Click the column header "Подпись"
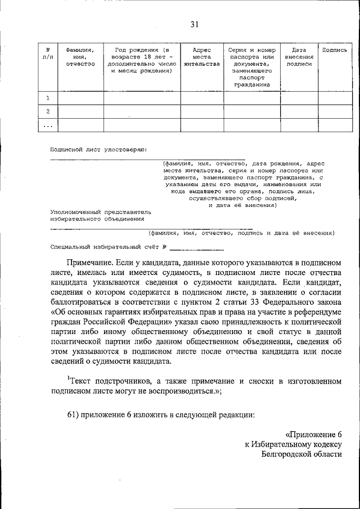[x=334, y=49]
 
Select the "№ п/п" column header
[x=48, y=53]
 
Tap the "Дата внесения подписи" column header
[x=299, y=57]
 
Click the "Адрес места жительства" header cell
[x=201, y=57]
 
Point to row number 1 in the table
[x=48, y=98]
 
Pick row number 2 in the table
[x=48, y=111]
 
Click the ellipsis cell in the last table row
[x=48, y=125]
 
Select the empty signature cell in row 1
[x=334, y=98]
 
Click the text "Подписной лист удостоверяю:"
[x=98, y=150]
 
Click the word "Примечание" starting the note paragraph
[x=90, y=263]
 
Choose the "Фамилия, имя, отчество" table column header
[x=79, y=57]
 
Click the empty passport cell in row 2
[x=252, y=111]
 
